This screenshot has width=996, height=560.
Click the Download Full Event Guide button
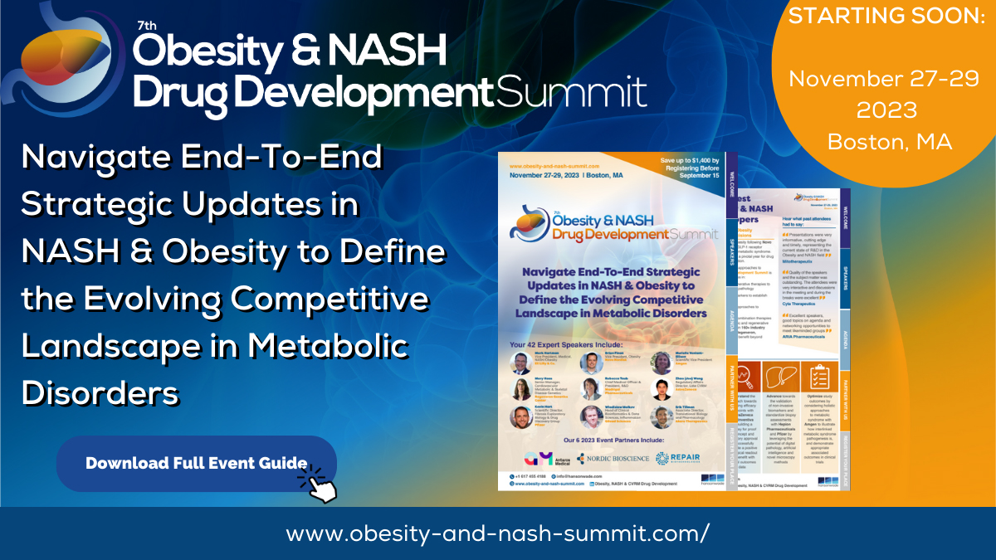(196, 463)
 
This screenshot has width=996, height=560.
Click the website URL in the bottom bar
(498, 533)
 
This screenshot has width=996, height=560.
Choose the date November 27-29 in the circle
(886, 80)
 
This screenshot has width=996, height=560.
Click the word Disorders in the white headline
(100, 392)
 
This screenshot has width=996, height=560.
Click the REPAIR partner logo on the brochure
(684, 458)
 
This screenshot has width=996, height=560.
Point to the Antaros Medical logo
(543, 458)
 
